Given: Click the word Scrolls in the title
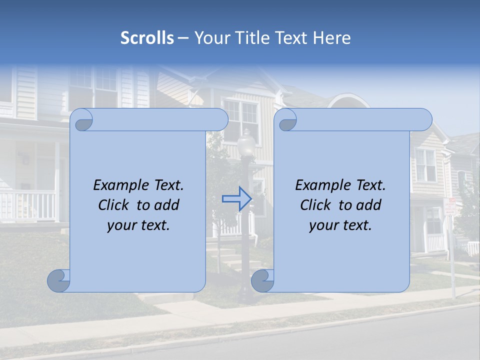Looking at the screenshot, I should click(x=147, y=38).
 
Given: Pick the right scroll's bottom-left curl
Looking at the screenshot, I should click(x=262, y=280).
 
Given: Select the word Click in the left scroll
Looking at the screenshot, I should click(x=113, y=205).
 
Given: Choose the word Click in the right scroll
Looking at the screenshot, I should click(x=315, y=205).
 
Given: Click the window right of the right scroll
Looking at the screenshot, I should click(x=425, y=165).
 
